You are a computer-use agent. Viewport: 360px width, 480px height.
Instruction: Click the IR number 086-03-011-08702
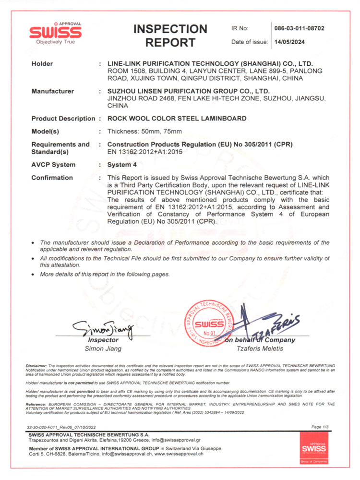coord(299,28)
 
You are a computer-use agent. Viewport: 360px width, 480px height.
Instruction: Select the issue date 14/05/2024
coord(288,42)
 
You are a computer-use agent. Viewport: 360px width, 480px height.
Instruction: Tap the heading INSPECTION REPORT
coord(170,36)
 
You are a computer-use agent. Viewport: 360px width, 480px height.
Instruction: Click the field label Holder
coord(42,64)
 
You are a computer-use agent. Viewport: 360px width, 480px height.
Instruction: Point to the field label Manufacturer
coord(52,91)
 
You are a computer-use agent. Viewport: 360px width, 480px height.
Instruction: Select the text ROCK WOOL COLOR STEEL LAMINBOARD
coord(177,118)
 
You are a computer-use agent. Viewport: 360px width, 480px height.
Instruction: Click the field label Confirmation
coord(52,178)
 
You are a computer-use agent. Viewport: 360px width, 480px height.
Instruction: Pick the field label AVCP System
coord(53,165)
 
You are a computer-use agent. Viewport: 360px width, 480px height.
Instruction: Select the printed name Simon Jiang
coord(103,348)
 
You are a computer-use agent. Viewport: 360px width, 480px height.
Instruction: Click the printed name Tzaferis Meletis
coord(260,348)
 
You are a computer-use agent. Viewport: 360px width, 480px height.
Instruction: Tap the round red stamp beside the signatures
coord(209,323)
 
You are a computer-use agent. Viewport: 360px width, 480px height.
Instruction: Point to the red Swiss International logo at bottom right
coord(313,447)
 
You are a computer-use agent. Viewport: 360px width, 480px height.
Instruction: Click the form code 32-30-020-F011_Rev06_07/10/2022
coord(69,427)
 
